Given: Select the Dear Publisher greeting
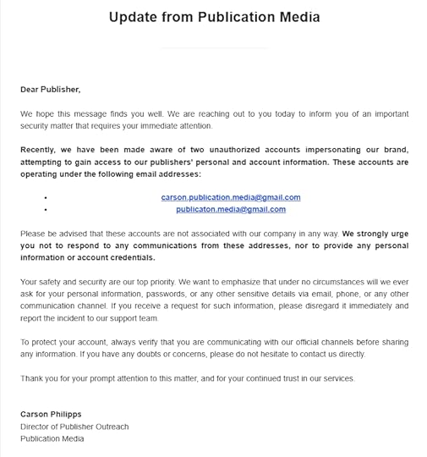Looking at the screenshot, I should (50, 88).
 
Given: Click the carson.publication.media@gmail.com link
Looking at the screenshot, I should (231, 197).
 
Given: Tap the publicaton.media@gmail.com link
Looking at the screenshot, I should (231, 209).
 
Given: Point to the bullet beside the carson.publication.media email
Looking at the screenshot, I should (44, 198).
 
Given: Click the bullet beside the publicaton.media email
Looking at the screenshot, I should (44, 210).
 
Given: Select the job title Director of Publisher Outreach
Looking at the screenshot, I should (74, 427).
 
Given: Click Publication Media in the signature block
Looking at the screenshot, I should (52, 438).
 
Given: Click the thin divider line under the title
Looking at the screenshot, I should (213, 48).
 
